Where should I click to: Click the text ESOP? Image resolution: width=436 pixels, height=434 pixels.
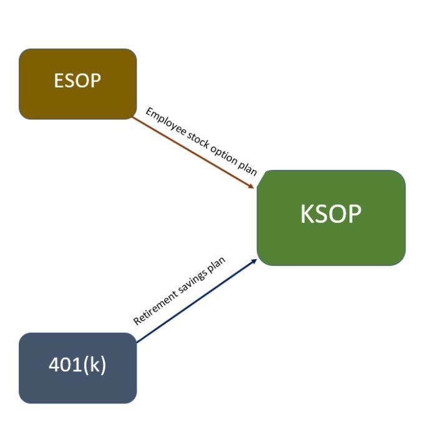click(x=77, y=81)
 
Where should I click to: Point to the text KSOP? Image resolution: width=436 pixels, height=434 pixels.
click(x=331, y=214)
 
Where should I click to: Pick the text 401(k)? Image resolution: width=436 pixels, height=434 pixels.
click(x=77, y=365)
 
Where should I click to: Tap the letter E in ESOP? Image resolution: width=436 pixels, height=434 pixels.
click(x=59, y=81)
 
